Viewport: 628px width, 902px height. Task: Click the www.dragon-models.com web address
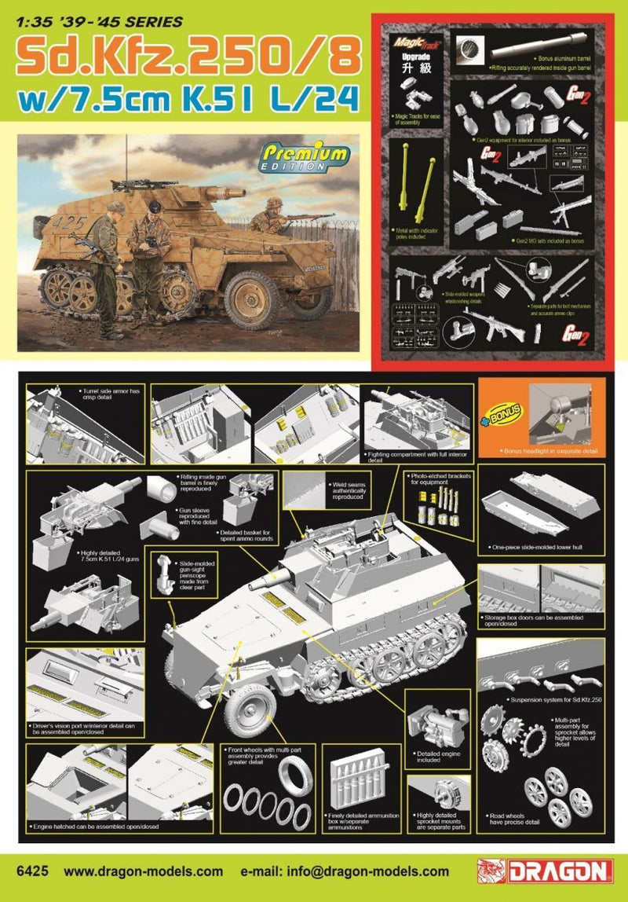[144, 871]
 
